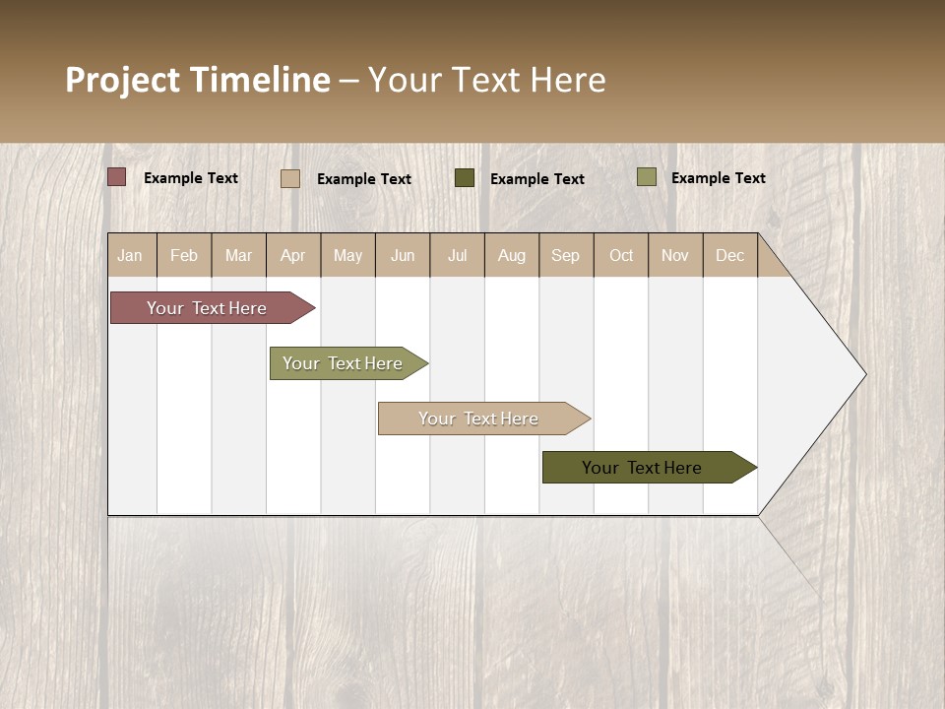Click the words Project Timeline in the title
coord(197,80)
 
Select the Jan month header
coord(130,255)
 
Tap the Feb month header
coord(184,255)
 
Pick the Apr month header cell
coord(293,255)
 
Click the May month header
coord(347,255)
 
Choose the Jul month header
coord(457,255)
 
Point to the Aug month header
coord(512,255)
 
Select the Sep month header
coord(566,255)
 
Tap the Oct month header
coord(621,255)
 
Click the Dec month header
coord(729,255)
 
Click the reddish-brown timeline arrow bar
coord(207,308)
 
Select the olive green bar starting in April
coord(344,363)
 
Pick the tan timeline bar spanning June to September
coord(479,419)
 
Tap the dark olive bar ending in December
coord(643,468)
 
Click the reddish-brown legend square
coord(117,176)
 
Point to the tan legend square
coord(290,178)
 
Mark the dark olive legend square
coord(465,177)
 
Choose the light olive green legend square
coord(647,176)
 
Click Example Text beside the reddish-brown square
coord(191,178)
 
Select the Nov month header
coord(675,255)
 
